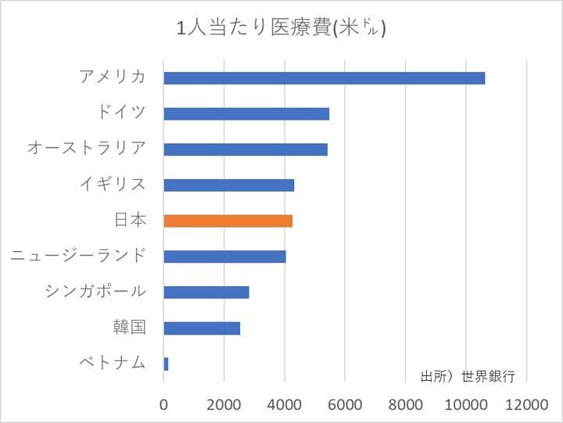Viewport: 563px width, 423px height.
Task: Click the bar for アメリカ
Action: pyautogui.click(x=324, y=78)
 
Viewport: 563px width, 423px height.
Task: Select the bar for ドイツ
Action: pyautogui.click(x=246, y=113)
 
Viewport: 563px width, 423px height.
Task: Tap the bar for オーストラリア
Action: pyautogui.click(x=246, y=149)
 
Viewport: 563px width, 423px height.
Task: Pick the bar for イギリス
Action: pyautogui.click(x=228, y=185)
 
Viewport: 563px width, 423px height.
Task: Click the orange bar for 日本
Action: pyautogui.click(x=228, y=220)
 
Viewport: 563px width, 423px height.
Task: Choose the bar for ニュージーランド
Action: pyautogui.click(x=224, y=256)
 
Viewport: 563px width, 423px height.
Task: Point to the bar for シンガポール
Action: pyautogui.click(x=206, y=292)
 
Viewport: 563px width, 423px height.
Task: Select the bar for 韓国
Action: pyautogui.click(x=202, y=328)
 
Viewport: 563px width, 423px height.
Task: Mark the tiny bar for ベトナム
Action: pyautogui.click(x=166, y=364)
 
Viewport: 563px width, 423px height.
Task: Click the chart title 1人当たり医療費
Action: pyautogui.click(x=281, y=29)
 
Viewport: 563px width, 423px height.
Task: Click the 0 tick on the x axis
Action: pyautogui.click(x=164, y=405)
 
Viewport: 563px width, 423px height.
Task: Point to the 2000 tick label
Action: pyautogui.click(x=224, y=405)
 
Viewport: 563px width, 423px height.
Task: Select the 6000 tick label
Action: pyautogui.click(x=346, y=405)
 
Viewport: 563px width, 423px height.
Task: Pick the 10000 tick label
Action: pyautogui.click(x=466, y=405)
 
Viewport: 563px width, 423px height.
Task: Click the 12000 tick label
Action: pyautogui.click(x=527, y=405)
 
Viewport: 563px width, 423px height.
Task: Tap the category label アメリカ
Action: pyautogui.click(x=113, y=77)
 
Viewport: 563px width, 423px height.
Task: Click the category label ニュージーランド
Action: pyautogui.click(x=78, y=256)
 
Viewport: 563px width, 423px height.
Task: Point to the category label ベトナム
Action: pyautogui.click(x=113, y=363)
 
